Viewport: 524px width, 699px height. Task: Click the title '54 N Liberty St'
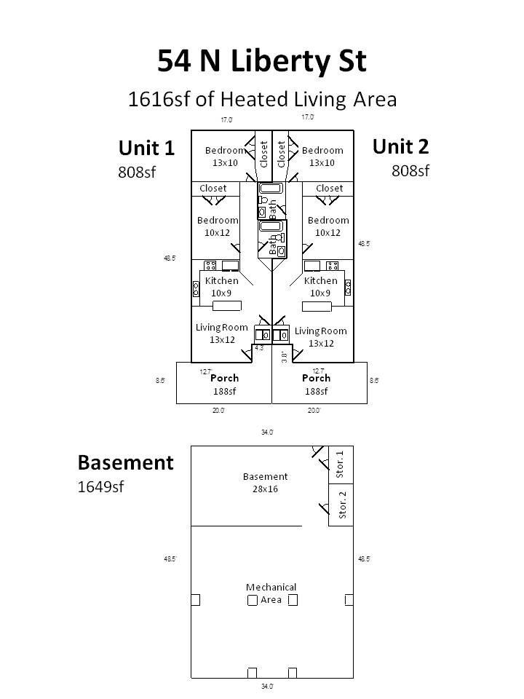coord(262,61)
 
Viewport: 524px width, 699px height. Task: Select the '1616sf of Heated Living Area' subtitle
coord(262,99)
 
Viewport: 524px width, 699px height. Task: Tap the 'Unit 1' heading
coord(146,149)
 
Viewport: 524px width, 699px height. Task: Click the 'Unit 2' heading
coord(400,146)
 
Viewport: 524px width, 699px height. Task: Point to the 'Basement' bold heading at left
coord(126,462)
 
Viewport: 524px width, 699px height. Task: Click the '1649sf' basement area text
coord(100,487)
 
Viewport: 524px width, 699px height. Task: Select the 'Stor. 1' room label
coord(341,465)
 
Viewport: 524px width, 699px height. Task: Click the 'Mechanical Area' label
coord(271,593)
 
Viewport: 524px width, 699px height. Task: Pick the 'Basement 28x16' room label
coord(265,483)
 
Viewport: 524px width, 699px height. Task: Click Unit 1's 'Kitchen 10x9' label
coord(221,286)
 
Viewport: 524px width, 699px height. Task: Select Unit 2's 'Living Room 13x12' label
coord(320,337)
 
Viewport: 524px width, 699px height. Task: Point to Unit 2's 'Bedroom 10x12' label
coord(327,226)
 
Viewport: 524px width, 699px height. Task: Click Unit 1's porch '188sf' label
coord(224,391)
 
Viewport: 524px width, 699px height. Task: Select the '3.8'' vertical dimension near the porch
coord(283,357)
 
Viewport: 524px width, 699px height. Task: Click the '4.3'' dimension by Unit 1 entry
coord(258,349)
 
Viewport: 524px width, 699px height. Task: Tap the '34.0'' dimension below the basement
coord(267,687)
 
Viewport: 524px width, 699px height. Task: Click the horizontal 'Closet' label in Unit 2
coord(329,188)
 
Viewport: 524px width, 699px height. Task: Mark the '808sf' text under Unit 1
coord(137,173)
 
